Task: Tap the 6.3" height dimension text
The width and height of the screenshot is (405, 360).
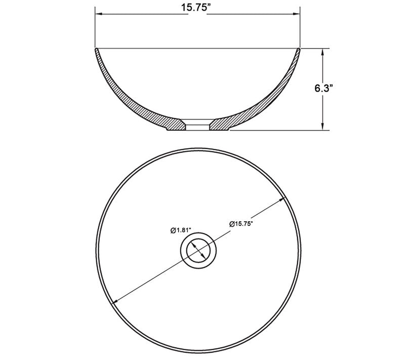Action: point(322,88)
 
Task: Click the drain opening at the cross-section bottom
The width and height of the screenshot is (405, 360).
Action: point(198,125)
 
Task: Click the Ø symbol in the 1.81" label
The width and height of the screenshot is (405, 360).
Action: point(173,230)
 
